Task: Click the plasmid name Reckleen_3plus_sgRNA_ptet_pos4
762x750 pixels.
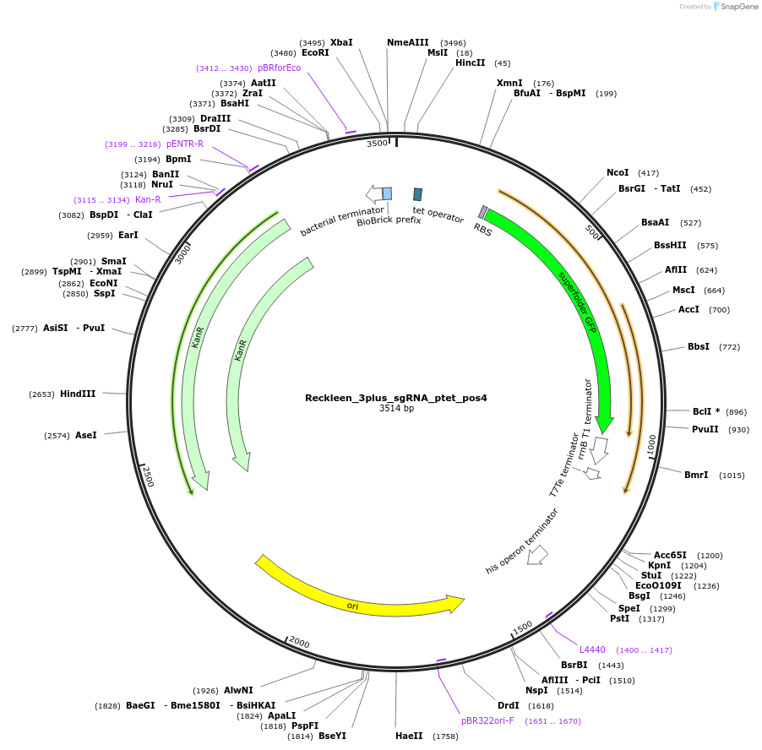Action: point(395,397)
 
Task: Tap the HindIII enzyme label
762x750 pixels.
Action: point(78,394)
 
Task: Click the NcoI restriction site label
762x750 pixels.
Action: point(618,172)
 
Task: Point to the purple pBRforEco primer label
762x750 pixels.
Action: point(279,68)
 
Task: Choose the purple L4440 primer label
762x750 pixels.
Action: point(592,649)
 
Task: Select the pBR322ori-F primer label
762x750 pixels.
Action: point(487,720)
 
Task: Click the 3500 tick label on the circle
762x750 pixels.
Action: point(377,144)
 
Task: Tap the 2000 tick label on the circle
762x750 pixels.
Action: point(299,642)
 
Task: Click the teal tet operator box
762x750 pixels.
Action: point(417,194)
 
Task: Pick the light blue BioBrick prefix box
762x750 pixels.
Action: point(387,193)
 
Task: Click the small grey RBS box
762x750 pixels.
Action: point(483,212)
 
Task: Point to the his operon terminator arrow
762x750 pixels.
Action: point(537,555)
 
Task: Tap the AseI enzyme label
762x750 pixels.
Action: point(86,435)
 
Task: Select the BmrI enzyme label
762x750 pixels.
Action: point(696,475)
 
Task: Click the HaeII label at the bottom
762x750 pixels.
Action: point(409,736)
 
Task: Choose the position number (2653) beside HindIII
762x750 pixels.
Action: point(41,394)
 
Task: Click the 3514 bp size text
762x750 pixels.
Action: point(396,409)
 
